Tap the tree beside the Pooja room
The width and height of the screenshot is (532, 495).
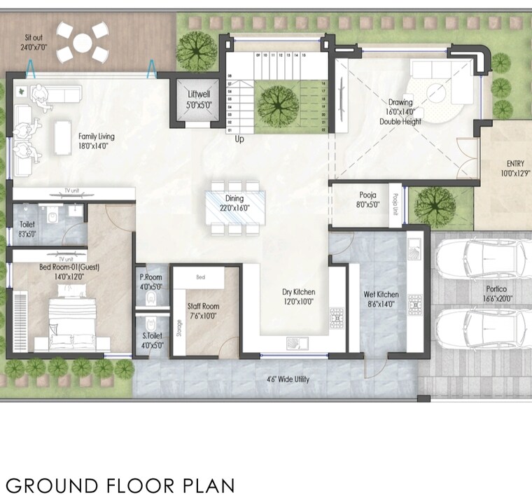pos(434,205)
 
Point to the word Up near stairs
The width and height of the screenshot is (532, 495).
pos(239,139)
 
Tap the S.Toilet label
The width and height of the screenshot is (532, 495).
pos(150,340)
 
